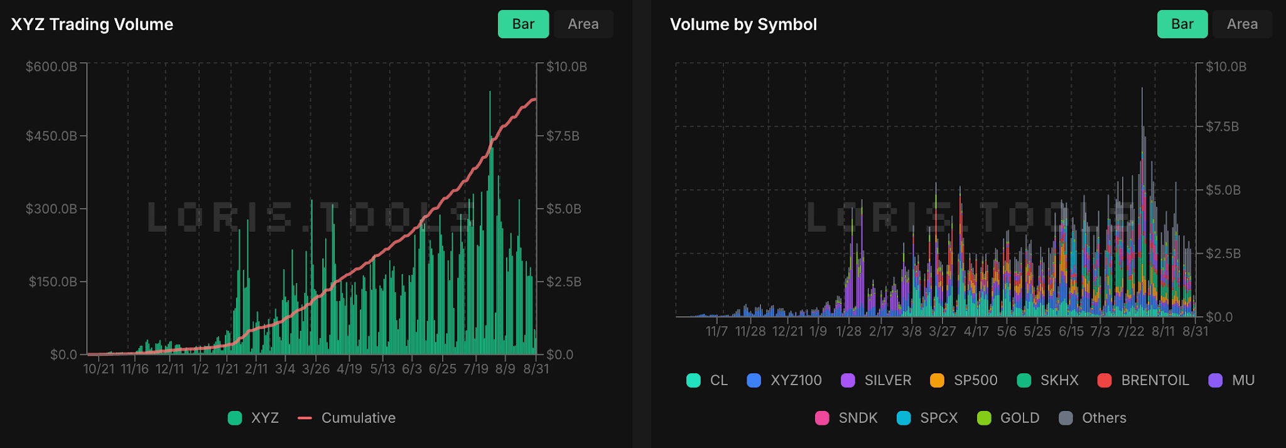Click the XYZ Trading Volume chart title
(92, 25)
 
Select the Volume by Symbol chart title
(743, 25)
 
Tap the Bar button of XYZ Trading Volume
(524, 24)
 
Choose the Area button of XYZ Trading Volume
(583, 24)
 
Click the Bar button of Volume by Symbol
(1182, 24)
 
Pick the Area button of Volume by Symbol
(1242, 24)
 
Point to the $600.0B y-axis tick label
(51, 67)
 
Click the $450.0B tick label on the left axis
(51, 136)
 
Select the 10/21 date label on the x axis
(99, 369)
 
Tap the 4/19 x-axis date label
(350, 369)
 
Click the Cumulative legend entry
(347, 418)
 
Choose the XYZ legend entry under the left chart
(253, 418)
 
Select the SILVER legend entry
(876, 380)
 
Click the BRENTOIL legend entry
(1143, 380)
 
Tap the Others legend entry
(1092, 418)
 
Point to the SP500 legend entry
(963, 380)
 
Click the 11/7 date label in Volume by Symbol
(716, 331)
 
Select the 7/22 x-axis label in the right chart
(1131, 331)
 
